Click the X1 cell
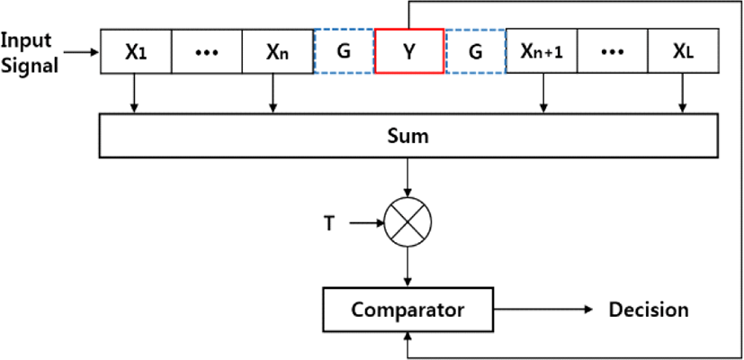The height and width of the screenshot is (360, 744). click(136, 52)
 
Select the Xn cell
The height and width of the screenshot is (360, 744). click(278, 52)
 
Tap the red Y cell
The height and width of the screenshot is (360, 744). click(409, 51)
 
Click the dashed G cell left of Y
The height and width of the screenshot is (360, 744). click(344, 52)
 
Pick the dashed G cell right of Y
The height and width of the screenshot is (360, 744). click(475, 52)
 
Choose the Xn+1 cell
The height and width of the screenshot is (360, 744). click(542, 52)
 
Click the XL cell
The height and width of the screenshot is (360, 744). click(683, 52)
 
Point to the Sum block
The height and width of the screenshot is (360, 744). click(408, 136)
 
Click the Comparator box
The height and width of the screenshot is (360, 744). click(408, 310)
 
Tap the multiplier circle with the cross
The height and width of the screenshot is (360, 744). click(408, 221)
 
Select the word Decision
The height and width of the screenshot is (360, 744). click(649, 310)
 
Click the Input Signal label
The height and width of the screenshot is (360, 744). click(30, 53)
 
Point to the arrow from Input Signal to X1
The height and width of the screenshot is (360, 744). click(82, 50)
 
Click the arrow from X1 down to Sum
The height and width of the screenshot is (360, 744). click(135, 94)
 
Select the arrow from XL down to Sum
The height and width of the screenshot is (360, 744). click(683, 94)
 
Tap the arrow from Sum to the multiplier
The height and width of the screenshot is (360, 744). click(408, 177)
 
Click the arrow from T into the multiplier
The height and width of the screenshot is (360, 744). click(366, 221)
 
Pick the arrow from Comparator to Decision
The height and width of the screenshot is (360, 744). click(543, 310)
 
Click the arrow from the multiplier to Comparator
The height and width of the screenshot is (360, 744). click(408, 266)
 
